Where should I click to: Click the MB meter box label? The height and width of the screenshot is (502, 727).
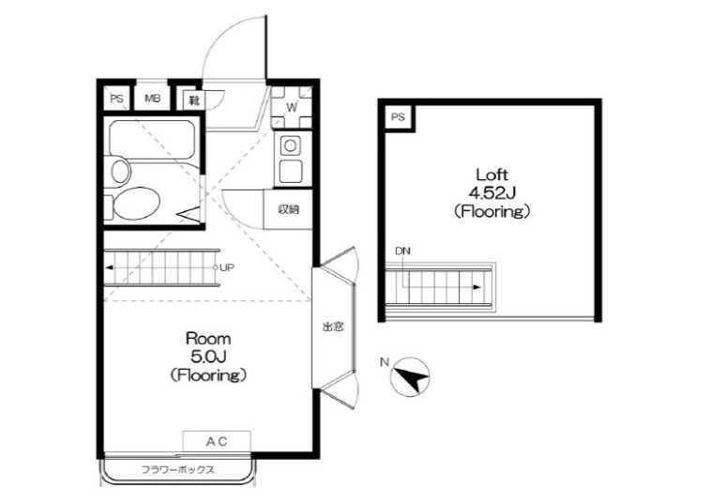click(153, 99)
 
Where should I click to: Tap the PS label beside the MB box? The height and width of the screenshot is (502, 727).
click(117, 99)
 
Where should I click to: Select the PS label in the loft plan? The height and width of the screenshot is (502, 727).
click(398, 117)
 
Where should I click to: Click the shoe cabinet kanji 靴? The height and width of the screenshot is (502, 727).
click(194, 99)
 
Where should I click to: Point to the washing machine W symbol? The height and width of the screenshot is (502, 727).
click(292, 108)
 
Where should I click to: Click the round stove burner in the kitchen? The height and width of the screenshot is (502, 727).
click(290, 146)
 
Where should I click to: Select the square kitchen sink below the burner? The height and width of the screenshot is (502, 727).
click(291, 170)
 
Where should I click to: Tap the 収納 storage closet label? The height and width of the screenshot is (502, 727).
click(288, 209)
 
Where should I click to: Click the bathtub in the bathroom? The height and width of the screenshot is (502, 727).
click(152, 140)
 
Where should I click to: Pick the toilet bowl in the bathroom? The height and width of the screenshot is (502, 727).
click(136, 204)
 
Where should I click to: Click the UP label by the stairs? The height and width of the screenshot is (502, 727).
click(227, 267)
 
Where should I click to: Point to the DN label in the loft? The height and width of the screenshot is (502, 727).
click(402, 251)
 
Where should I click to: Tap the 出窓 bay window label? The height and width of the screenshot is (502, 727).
click(333, 327)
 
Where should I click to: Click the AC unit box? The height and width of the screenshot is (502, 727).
click(217, 441)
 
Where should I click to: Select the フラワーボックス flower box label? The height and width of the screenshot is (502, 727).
click(178, 469)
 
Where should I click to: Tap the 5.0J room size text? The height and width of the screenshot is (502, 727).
click(208, 357)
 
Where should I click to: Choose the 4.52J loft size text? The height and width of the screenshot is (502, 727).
click(492, 192)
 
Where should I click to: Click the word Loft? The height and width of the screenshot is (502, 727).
click(492, 175)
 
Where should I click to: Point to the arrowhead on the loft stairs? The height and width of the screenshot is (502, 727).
click(477, 287)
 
